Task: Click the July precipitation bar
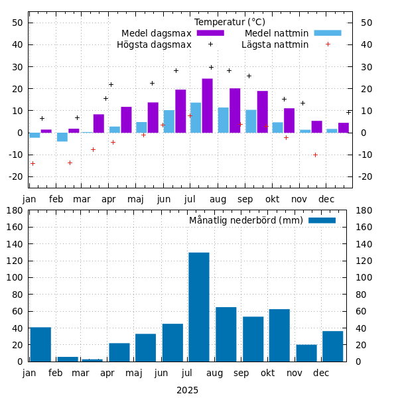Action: point(199,306)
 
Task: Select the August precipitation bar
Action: point(226,334)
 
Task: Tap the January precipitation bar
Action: point(40,344)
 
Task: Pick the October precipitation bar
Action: point(279,335)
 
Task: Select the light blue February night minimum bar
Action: point(62,137)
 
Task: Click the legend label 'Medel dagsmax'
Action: point(156,33)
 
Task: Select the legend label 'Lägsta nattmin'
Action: point(275,44)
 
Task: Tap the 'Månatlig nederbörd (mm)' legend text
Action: point(245,220)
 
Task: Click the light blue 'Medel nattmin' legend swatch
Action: point(327,33)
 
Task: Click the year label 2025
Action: point(187,390)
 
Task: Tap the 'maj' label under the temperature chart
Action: point(135,199)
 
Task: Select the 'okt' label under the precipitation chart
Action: point(268,373)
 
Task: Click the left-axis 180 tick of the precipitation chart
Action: point(15,210)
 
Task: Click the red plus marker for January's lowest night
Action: point(33,163)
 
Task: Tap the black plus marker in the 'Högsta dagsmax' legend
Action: point(210,44)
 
